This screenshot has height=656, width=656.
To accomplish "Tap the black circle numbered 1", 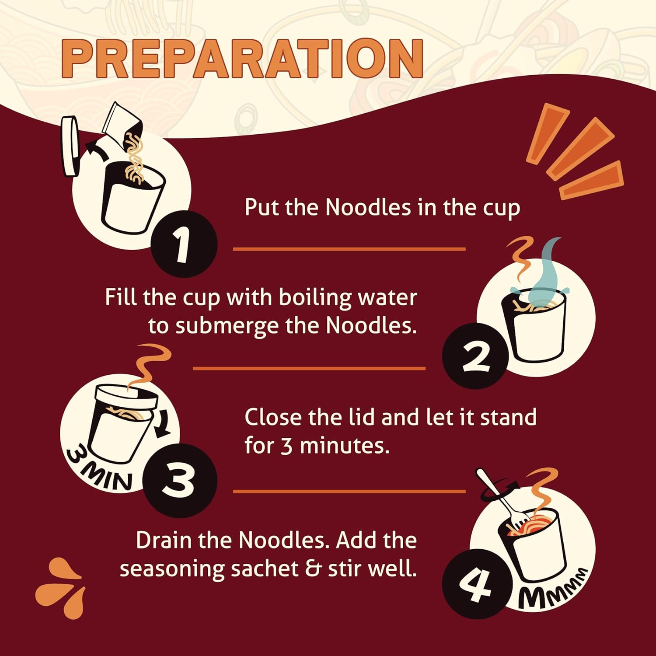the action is (x=184, y=244).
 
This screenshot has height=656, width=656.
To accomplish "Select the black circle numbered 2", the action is (x=475, y=355).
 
